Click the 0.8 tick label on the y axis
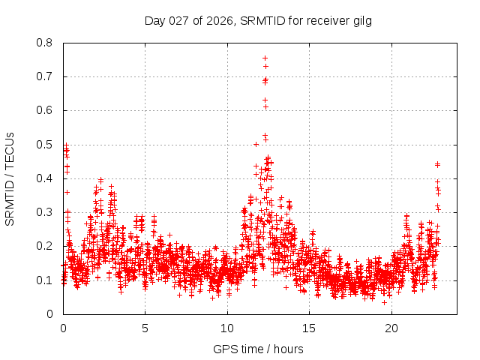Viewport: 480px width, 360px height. (x=44, y=43)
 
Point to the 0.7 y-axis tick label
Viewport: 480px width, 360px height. (x=44, y=76)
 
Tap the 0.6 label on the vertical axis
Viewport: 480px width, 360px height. (x=44, y=110)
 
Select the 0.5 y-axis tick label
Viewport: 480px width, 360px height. (x=44, y=145)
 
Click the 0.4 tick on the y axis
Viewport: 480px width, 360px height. (x=44, y=178)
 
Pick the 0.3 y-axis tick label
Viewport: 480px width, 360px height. (x=44, y=212)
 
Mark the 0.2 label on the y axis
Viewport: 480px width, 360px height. (x=44, y=246)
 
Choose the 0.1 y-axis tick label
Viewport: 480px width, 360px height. (x=44, y=280)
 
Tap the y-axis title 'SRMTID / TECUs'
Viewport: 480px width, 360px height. (x=10, y=178)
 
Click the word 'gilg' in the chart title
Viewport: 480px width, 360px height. (x=361, y=20)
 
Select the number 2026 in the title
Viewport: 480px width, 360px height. (x=219, y=20)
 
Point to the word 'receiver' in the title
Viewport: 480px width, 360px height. (x=325, y=20)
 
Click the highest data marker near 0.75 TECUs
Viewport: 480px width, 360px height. (x=265, y=58)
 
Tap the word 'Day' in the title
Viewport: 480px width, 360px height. (x=155, y=20)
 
